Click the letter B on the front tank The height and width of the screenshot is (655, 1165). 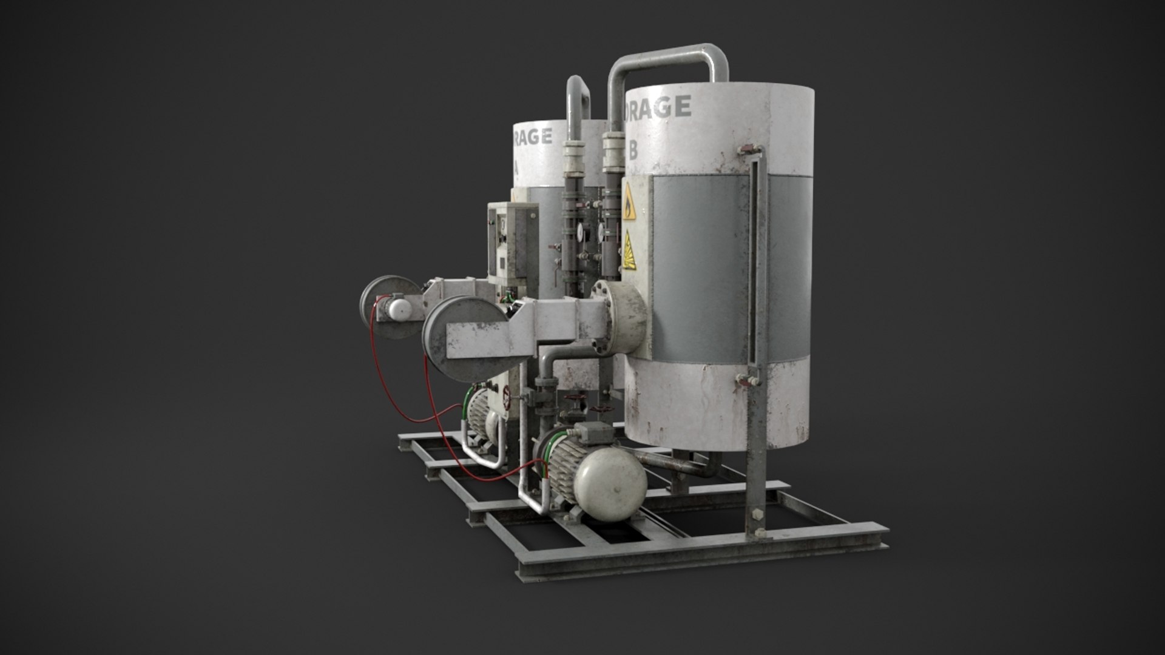(x=632, y=150)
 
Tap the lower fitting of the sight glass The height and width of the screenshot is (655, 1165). (x=748, y=380)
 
